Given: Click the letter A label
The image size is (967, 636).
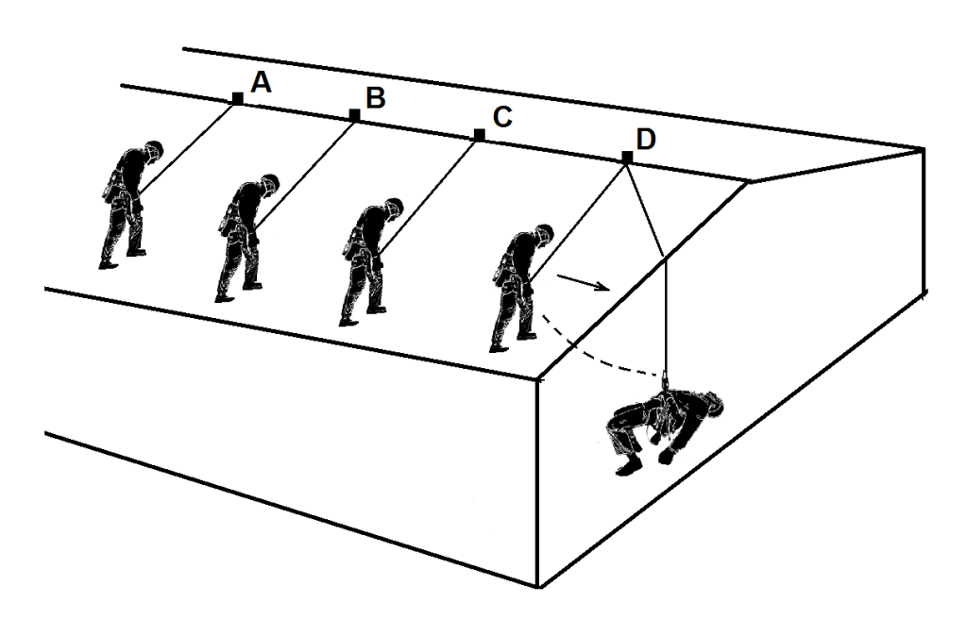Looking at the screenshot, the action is tap(262, 81).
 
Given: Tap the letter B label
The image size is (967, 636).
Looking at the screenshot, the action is tap(376, 97).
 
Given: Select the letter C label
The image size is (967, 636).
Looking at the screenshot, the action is tap(502, 117).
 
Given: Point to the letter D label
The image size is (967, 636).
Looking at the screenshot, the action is tap(646, 140).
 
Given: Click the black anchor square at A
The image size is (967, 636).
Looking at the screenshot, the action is tap(237, 98).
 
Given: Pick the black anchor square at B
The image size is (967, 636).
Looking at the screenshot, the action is tap(355, 115).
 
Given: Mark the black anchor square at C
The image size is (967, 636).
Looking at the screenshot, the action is tap(479, 134).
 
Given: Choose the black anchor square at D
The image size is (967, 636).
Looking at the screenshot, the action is tap(627, 158).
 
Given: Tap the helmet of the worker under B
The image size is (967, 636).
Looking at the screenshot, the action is tap(269, 183).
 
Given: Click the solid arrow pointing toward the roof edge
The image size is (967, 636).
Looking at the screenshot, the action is tap(584, 283).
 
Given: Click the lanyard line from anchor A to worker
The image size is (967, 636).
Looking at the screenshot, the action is tap(187, 145).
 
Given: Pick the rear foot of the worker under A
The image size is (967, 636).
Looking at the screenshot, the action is tap(108, 264).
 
